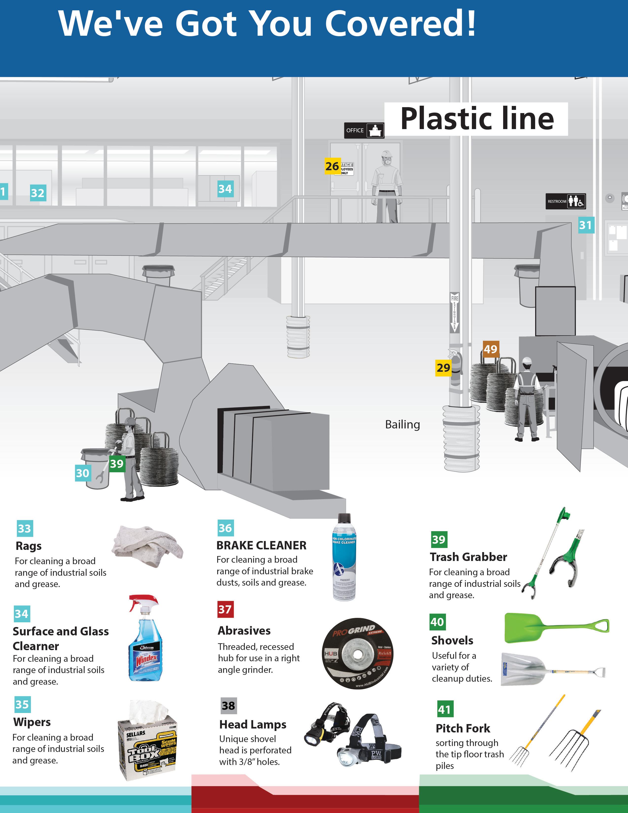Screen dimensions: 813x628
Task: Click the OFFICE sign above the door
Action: [x=364, y=130]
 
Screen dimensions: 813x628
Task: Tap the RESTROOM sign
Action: [x=565, y=201]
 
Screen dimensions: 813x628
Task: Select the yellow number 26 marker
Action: [x=332, y=166]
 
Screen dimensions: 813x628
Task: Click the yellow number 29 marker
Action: [x=443, y=368]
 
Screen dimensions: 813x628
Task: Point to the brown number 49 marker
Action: [x=490, y=349]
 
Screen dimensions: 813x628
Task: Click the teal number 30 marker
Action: [x=83, y=473]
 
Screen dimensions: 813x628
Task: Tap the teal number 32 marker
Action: [x=38, y=193]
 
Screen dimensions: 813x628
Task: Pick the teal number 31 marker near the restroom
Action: [x=586, y=225]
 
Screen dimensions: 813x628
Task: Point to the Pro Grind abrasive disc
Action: [x=357, y=653]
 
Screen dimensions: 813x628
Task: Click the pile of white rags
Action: [x=147, y=545]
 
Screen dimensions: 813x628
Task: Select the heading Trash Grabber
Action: [x=468, y=557]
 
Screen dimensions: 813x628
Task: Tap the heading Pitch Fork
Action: [x=463, y=728]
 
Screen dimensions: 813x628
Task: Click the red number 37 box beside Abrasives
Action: [x=225, y=609]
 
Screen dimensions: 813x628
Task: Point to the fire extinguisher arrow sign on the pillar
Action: [x=455, y=312]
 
